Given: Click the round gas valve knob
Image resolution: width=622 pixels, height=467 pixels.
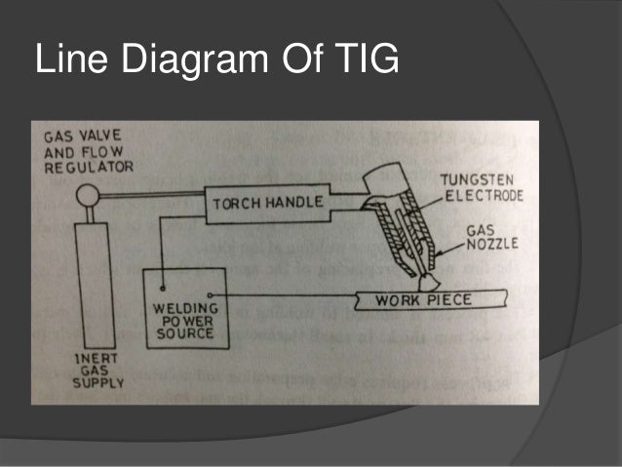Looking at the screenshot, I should click(85, 199).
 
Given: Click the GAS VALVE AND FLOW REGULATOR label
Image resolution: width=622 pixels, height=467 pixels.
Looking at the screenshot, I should click(82, 151).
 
